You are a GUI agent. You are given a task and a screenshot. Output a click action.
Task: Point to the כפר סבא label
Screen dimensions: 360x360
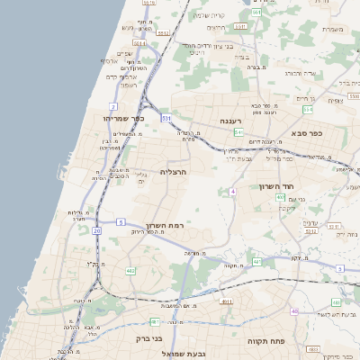307,132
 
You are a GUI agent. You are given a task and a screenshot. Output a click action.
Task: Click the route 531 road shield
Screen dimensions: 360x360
166,118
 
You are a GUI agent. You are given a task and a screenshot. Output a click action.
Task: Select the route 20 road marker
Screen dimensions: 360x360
96,230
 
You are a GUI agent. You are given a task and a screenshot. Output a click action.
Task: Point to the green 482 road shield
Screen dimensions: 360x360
130,270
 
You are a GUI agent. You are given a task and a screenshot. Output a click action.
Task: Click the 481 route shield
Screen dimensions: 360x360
155,321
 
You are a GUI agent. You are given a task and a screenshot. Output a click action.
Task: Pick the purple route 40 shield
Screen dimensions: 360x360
294,310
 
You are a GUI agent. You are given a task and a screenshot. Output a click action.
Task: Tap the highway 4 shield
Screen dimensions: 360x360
232,192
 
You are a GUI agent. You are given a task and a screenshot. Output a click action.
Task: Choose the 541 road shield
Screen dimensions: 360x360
238,131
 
